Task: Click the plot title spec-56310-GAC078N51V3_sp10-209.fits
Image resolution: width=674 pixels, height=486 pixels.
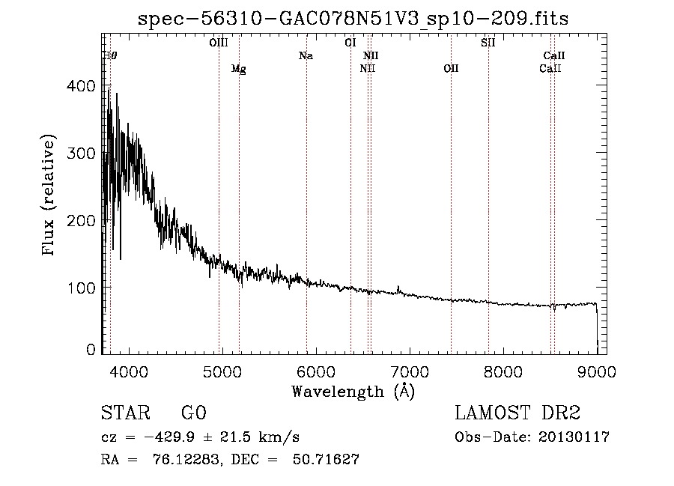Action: point(353,19)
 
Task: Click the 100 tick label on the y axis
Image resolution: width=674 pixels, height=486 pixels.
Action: point(81,288)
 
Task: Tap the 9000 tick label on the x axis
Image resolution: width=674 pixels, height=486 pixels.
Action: point(597,372)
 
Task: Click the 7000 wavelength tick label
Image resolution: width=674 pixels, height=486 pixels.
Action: point(410,372)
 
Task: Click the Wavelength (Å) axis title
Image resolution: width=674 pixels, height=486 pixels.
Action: point(353,392)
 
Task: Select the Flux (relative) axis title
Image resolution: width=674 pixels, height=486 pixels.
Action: point(48,195)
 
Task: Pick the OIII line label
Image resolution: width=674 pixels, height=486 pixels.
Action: point(219,43)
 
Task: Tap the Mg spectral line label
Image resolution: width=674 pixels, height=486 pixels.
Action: point(239,69)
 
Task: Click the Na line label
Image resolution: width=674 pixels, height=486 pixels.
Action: point(306,55)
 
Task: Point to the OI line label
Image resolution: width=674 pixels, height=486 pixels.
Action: point(350,43)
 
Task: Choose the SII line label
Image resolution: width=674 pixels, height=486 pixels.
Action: point(488,43)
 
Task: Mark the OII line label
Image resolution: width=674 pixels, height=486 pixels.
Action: point(451,68)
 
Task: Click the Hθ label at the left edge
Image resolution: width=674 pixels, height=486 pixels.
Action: point(110,55)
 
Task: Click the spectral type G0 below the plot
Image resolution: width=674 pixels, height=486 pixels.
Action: point(194,413)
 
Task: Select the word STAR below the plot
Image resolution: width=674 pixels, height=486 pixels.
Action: point(126,413)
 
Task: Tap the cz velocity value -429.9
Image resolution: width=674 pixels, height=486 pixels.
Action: point(169,437)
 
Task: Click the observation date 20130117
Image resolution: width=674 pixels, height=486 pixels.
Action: point(574,437)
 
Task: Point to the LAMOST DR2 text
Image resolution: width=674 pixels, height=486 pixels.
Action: point(517,413)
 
